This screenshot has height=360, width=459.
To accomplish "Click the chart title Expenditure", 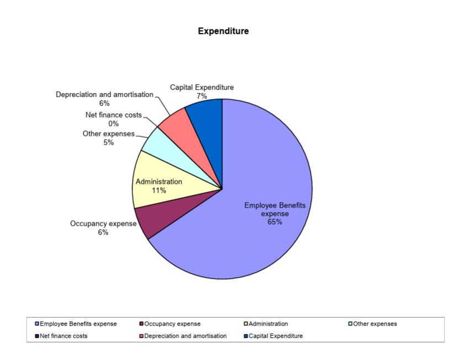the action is coord(223,31).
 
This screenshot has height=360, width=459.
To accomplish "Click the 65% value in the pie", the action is coord(275,222).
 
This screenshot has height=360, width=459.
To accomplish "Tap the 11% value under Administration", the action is coord(159,190).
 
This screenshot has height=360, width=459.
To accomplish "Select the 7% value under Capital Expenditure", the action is coord(202,96).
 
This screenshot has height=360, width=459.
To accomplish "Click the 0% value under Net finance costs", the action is coord(114,124).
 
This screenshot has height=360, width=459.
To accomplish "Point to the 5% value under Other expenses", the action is coord(109,142).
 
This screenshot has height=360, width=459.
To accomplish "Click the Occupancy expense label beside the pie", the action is coord(103,224).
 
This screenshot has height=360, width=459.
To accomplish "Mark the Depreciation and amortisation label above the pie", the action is coord(104,94).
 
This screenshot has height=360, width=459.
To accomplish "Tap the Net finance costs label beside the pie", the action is coord(114,115).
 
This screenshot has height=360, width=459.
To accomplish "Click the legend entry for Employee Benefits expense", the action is coord(76,324).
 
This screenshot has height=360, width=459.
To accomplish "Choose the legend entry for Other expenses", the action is coord(372,324).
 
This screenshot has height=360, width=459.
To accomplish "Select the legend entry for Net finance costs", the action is coord(61,336).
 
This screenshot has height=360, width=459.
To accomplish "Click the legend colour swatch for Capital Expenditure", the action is coord(246,336).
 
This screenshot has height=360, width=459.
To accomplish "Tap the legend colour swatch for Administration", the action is coord(246,324).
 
